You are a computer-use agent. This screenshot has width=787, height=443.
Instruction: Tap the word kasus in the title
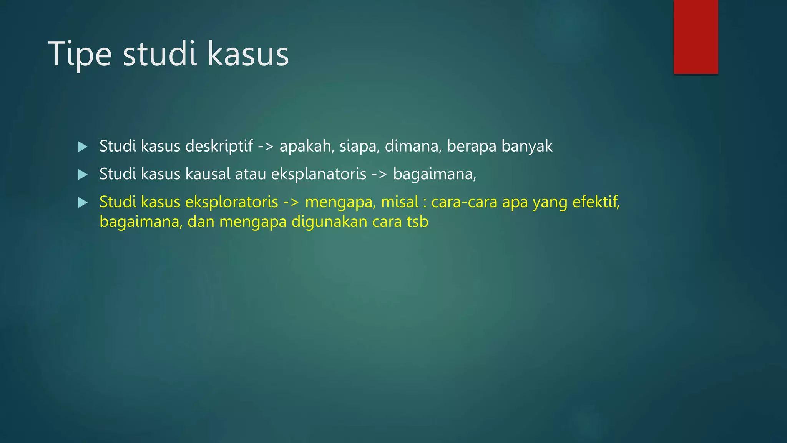click(248, 55)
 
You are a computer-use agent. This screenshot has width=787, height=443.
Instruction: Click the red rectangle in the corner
click(696, 37)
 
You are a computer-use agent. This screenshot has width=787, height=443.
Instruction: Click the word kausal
click(208, 174)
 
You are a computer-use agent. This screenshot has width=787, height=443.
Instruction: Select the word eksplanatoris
click(319, 174)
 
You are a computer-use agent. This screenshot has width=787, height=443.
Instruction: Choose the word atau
click(251, 174)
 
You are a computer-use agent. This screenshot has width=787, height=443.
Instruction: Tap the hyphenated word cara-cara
click(464, 202)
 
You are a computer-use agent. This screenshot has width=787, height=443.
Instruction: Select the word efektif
click(596, 202)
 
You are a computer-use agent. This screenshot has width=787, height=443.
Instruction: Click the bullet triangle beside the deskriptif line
click(83, 147)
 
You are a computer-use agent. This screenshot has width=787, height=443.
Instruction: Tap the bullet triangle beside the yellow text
click(83, 203)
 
